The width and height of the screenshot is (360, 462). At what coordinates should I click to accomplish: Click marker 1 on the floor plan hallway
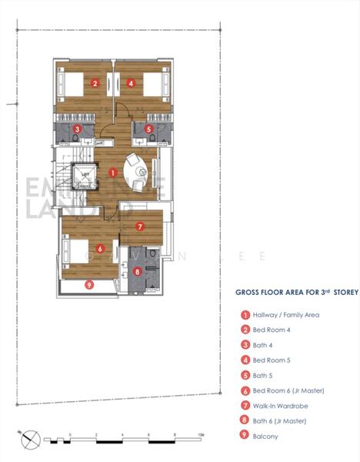pyautogui.click(x=113, y=173)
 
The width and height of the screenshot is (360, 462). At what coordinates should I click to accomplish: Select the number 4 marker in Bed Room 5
pyautogui.click(x=132, y=84)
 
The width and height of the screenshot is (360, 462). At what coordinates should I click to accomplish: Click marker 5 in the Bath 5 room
pyautogui.click(x=148, y=129)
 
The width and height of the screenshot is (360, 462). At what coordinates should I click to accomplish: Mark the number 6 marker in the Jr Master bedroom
pyautogui.click(x=101, y=248)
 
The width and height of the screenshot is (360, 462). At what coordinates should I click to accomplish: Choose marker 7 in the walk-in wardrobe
pyautogui.click(x=139, y=226)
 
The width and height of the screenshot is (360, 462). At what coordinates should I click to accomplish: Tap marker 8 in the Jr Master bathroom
pyautogui.click(x=138, y=271)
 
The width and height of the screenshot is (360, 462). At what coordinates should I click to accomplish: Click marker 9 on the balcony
pyautogui.click(x=90, y=285)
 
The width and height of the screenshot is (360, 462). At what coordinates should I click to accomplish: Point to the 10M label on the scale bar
pyautogui.click(x=200, y=436)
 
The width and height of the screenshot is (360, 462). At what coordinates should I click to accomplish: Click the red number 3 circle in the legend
pyautogui.click(x=245, y=345)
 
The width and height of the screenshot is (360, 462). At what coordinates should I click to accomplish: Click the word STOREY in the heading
pyautogui.click(x=332, y=293)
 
